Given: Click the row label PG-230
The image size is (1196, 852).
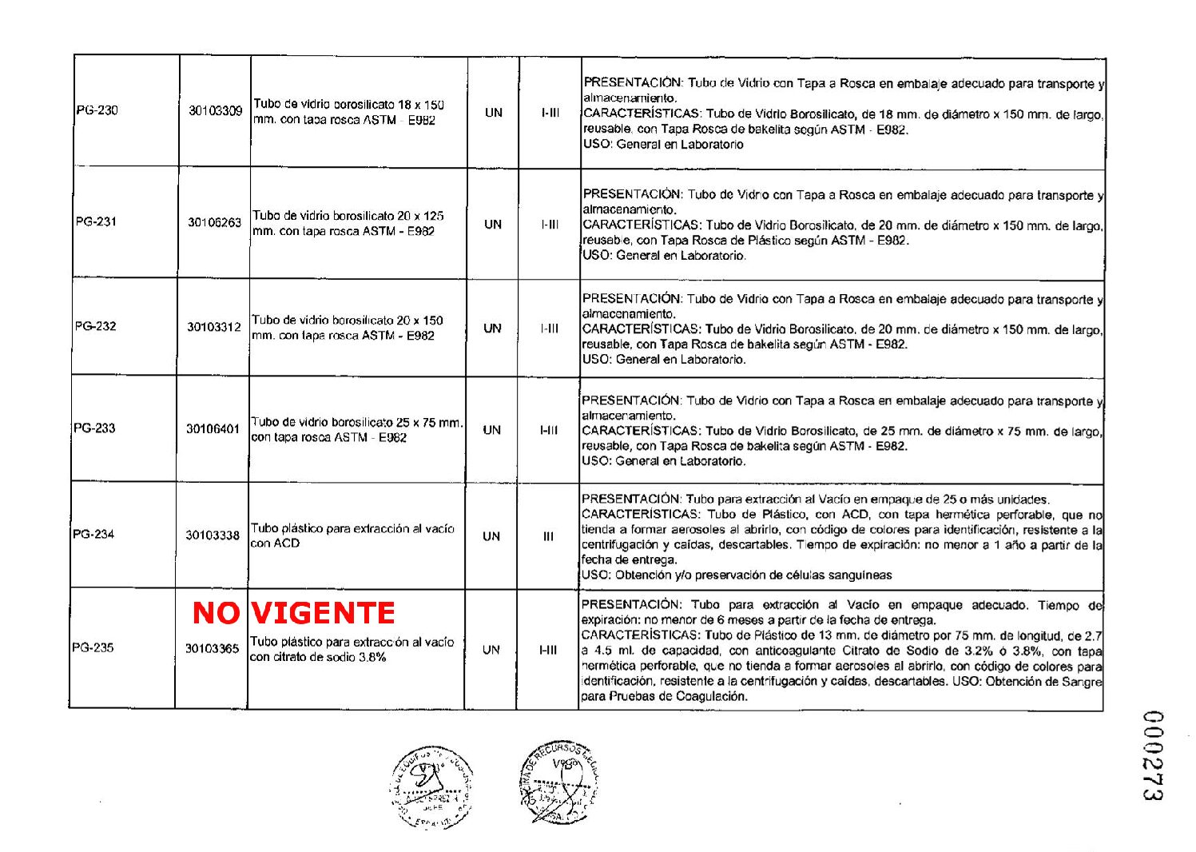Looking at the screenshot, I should coord(97,110).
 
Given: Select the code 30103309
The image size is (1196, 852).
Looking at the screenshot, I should coord(215,110).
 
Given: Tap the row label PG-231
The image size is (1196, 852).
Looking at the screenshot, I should coord(96,221).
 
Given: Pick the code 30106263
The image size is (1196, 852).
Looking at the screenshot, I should coord(214,222).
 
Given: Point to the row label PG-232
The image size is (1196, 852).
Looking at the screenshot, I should coord(95,326).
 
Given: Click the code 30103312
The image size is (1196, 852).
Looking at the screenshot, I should coord(213,327).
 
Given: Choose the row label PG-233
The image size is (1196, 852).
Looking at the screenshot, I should coord(94,428).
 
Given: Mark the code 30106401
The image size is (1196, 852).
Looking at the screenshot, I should coord(213,429).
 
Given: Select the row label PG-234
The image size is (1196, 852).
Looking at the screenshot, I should coord(93,534).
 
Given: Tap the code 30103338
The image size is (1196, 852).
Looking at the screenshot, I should coord(212,535).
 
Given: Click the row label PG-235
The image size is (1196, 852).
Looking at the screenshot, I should coord(93,647).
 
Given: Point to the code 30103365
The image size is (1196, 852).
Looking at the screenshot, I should coord(212,648).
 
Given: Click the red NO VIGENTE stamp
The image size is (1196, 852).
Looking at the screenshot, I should coord(294,613).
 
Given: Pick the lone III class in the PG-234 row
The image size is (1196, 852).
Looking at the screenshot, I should coord(548,536).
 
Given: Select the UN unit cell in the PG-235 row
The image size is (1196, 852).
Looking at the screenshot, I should coord(491,650).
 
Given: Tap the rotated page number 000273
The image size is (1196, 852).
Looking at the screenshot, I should coord(1151,755).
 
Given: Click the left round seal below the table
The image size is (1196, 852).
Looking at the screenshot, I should coord(431,788).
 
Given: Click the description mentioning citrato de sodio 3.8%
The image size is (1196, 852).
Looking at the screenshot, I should coord(352,649).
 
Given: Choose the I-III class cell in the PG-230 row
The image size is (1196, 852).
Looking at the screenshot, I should coord(550,113).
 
